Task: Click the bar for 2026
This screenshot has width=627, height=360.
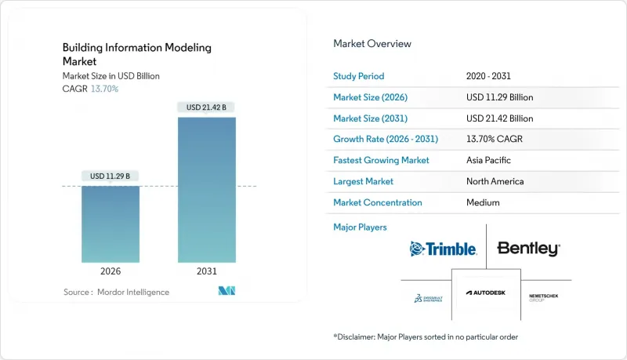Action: pos(111,224)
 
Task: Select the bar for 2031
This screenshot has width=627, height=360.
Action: pos(206,190)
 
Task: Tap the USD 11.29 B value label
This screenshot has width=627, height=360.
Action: pos(111,176)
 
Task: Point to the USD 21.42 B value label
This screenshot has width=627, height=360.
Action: pos(206,107)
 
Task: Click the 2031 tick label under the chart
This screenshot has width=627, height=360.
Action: pos(206,272)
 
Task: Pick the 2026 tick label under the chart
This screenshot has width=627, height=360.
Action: pos(111,272)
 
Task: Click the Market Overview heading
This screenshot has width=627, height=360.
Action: pos(372,44)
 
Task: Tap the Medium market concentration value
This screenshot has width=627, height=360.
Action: pos(483,202)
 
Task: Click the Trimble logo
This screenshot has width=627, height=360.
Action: pos(444,249)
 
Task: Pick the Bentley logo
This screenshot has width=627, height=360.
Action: pos(529,249)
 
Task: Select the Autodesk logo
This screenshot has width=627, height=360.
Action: pos(487,293)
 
